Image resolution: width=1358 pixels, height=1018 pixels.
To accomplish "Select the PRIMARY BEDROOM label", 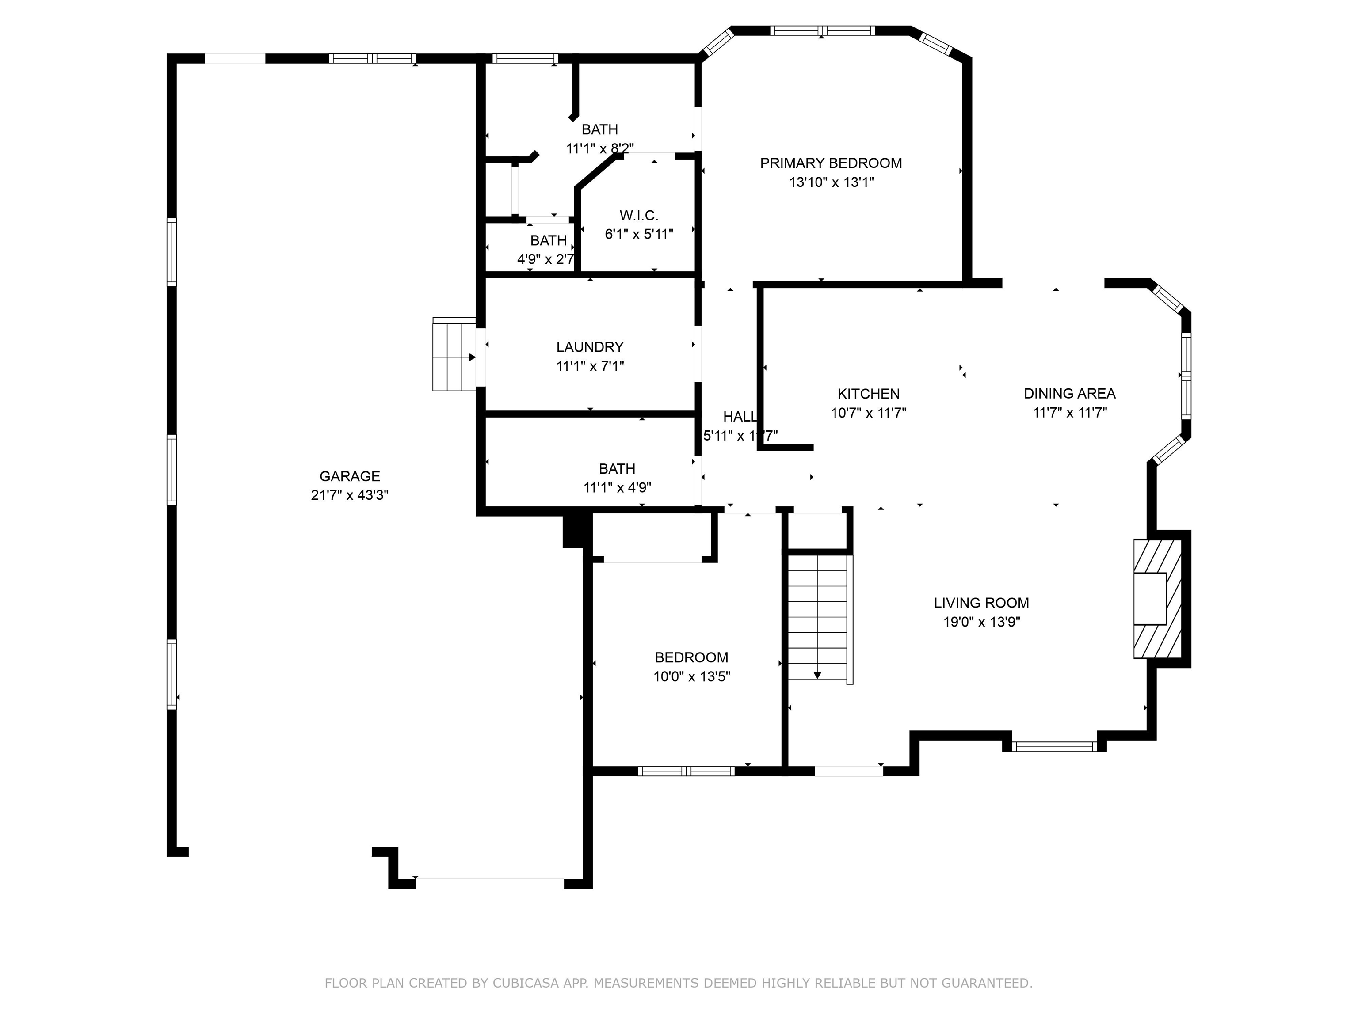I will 831,163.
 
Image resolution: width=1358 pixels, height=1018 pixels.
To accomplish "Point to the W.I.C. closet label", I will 638,215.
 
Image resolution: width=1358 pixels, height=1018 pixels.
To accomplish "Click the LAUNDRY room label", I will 590,347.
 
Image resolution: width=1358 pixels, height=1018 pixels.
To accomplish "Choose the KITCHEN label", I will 868,394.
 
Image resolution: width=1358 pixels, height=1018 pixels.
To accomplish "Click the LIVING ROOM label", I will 981,603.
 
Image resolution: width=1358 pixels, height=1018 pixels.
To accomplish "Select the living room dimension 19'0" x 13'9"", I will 981,622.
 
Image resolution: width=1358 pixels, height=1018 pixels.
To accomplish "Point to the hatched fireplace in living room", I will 1156,599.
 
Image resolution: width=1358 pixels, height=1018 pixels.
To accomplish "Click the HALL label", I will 739,417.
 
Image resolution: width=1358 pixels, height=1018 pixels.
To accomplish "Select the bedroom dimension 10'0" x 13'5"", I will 691,677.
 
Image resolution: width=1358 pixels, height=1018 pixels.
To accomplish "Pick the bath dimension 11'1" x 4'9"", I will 617,488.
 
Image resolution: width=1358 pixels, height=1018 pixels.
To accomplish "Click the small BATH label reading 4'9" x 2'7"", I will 548,240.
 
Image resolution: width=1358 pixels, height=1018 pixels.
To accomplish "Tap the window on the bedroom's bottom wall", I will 686,771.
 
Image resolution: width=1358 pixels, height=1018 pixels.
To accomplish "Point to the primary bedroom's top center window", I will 822,30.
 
